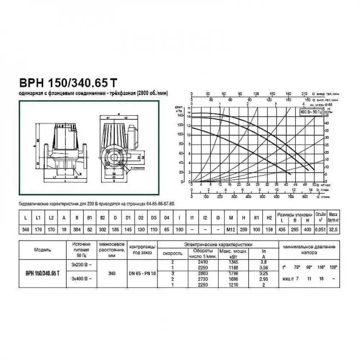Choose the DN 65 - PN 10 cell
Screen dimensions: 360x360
click(x=143, y=274)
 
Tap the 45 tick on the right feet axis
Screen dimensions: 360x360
click(x=326, y=116)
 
